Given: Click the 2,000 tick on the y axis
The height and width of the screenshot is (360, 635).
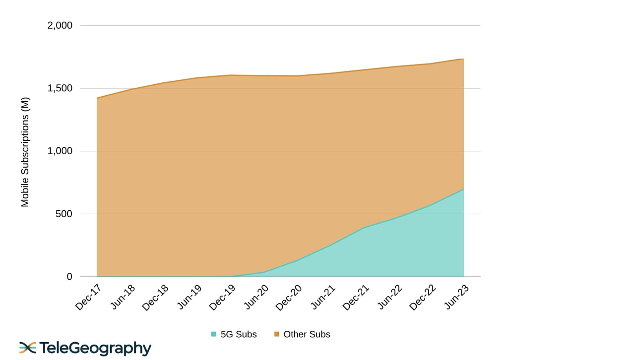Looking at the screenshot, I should coord(60,25).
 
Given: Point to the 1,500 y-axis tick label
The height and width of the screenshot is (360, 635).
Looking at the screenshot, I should coord(60,88).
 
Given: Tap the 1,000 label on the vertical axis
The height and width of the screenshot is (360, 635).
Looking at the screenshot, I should coord(60,151).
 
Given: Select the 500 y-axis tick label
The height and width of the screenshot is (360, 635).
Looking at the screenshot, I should coord(63,214).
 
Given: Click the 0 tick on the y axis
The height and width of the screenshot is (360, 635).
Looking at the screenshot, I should coord(69,277).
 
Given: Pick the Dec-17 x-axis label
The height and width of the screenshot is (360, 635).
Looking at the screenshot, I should coord(87,297).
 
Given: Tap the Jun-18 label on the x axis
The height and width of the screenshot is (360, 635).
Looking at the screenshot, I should coord(122,297).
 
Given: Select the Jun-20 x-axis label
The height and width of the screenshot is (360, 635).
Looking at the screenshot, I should coord(256,297).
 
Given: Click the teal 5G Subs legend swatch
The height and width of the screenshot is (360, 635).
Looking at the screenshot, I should coord(213,334).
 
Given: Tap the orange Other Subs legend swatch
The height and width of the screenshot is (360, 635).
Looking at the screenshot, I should coord(276,334).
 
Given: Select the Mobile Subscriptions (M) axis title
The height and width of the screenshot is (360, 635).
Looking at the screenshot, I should coord(25,152).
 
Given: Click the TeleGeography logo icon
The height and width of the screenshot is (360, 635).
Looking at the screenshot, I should coord(28,348).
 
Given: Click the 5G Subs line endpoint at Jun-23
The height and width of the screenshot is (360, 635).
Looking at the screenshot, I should coord(463,189).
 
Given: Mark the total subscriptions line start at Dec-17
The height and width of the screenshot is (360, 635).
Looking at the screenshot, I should coord(97,98).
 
